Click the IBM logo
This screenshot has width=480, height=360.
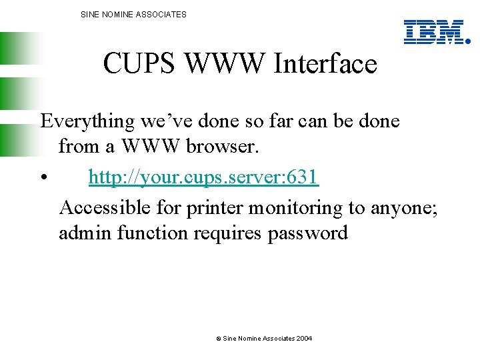pyautogui.click(x=434, y=31)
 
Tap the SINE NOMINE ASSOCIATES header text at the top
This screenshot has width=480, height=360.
pyautogui.click(x=133, y=14)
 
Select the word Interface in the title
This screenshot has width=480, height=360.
pyautogui.click(x=325, y=65)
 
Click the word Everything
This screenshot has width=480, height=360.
pyautogui.click(x=87, y=121)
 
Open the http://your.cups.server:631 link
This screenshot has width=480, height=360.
pyautogui.click(x=204, y=177)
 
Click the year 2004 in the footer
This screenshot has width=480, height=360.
pyautogui.click(x=304, y=339)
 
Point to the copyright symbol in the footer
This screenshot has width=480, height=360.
pyautogui.click(x=218, y=339)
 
